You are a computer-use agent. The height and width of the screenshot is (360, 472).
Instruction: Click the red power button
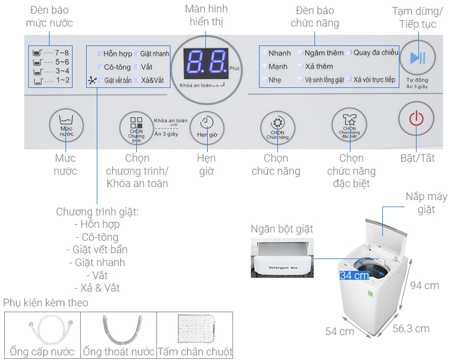[417, 119]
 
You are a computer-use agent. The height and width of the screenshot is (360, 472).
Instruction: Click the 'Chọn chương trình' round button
[136, 127]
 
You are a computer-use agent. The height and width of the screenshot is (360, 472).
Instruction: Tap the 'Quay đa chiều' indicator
[373, 53]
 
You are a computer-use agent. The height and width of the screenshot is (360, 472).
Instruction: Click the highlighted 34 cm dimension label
[354, 276]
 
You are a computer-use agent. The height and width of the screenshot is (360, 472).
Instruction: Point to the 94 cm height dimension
[424, 286]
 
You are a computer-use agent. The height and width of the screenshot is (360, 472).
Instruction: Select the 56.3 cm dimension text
[411, 329]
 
